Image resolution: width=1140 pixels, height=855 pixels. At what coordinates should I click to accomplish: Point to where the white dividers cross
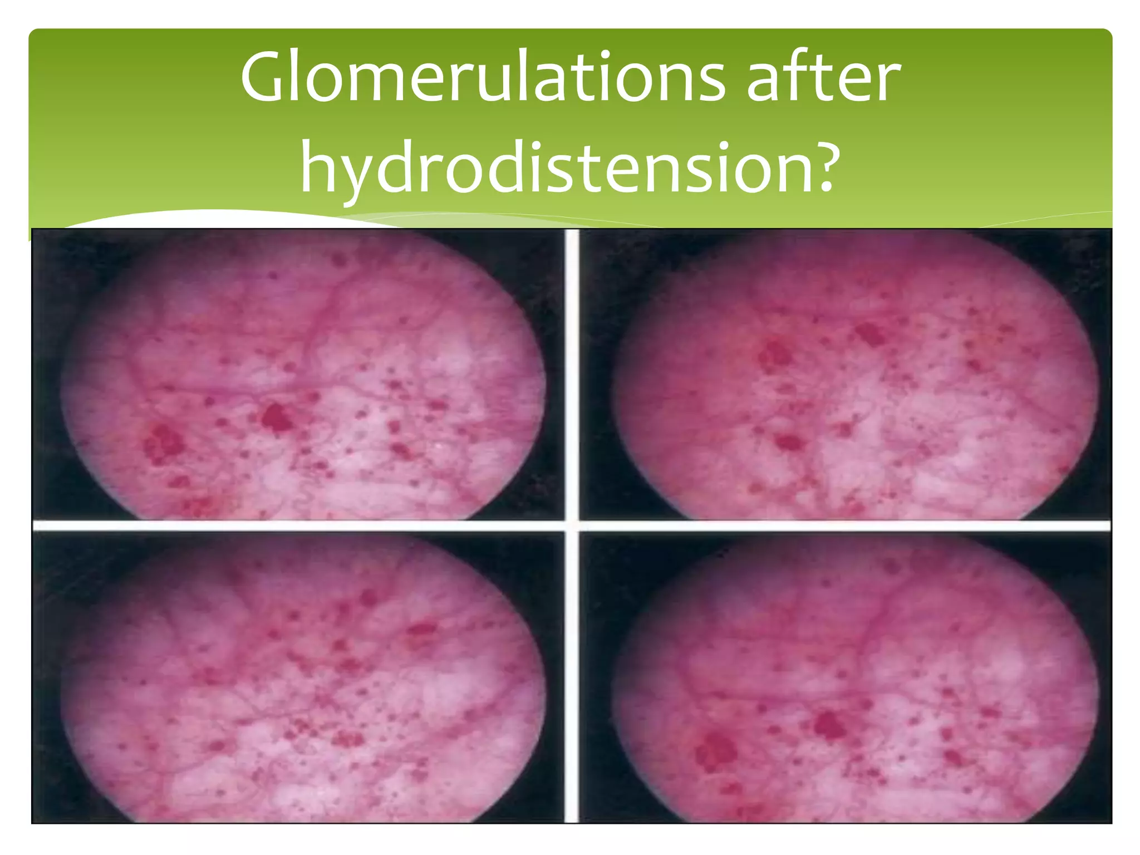572,525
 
